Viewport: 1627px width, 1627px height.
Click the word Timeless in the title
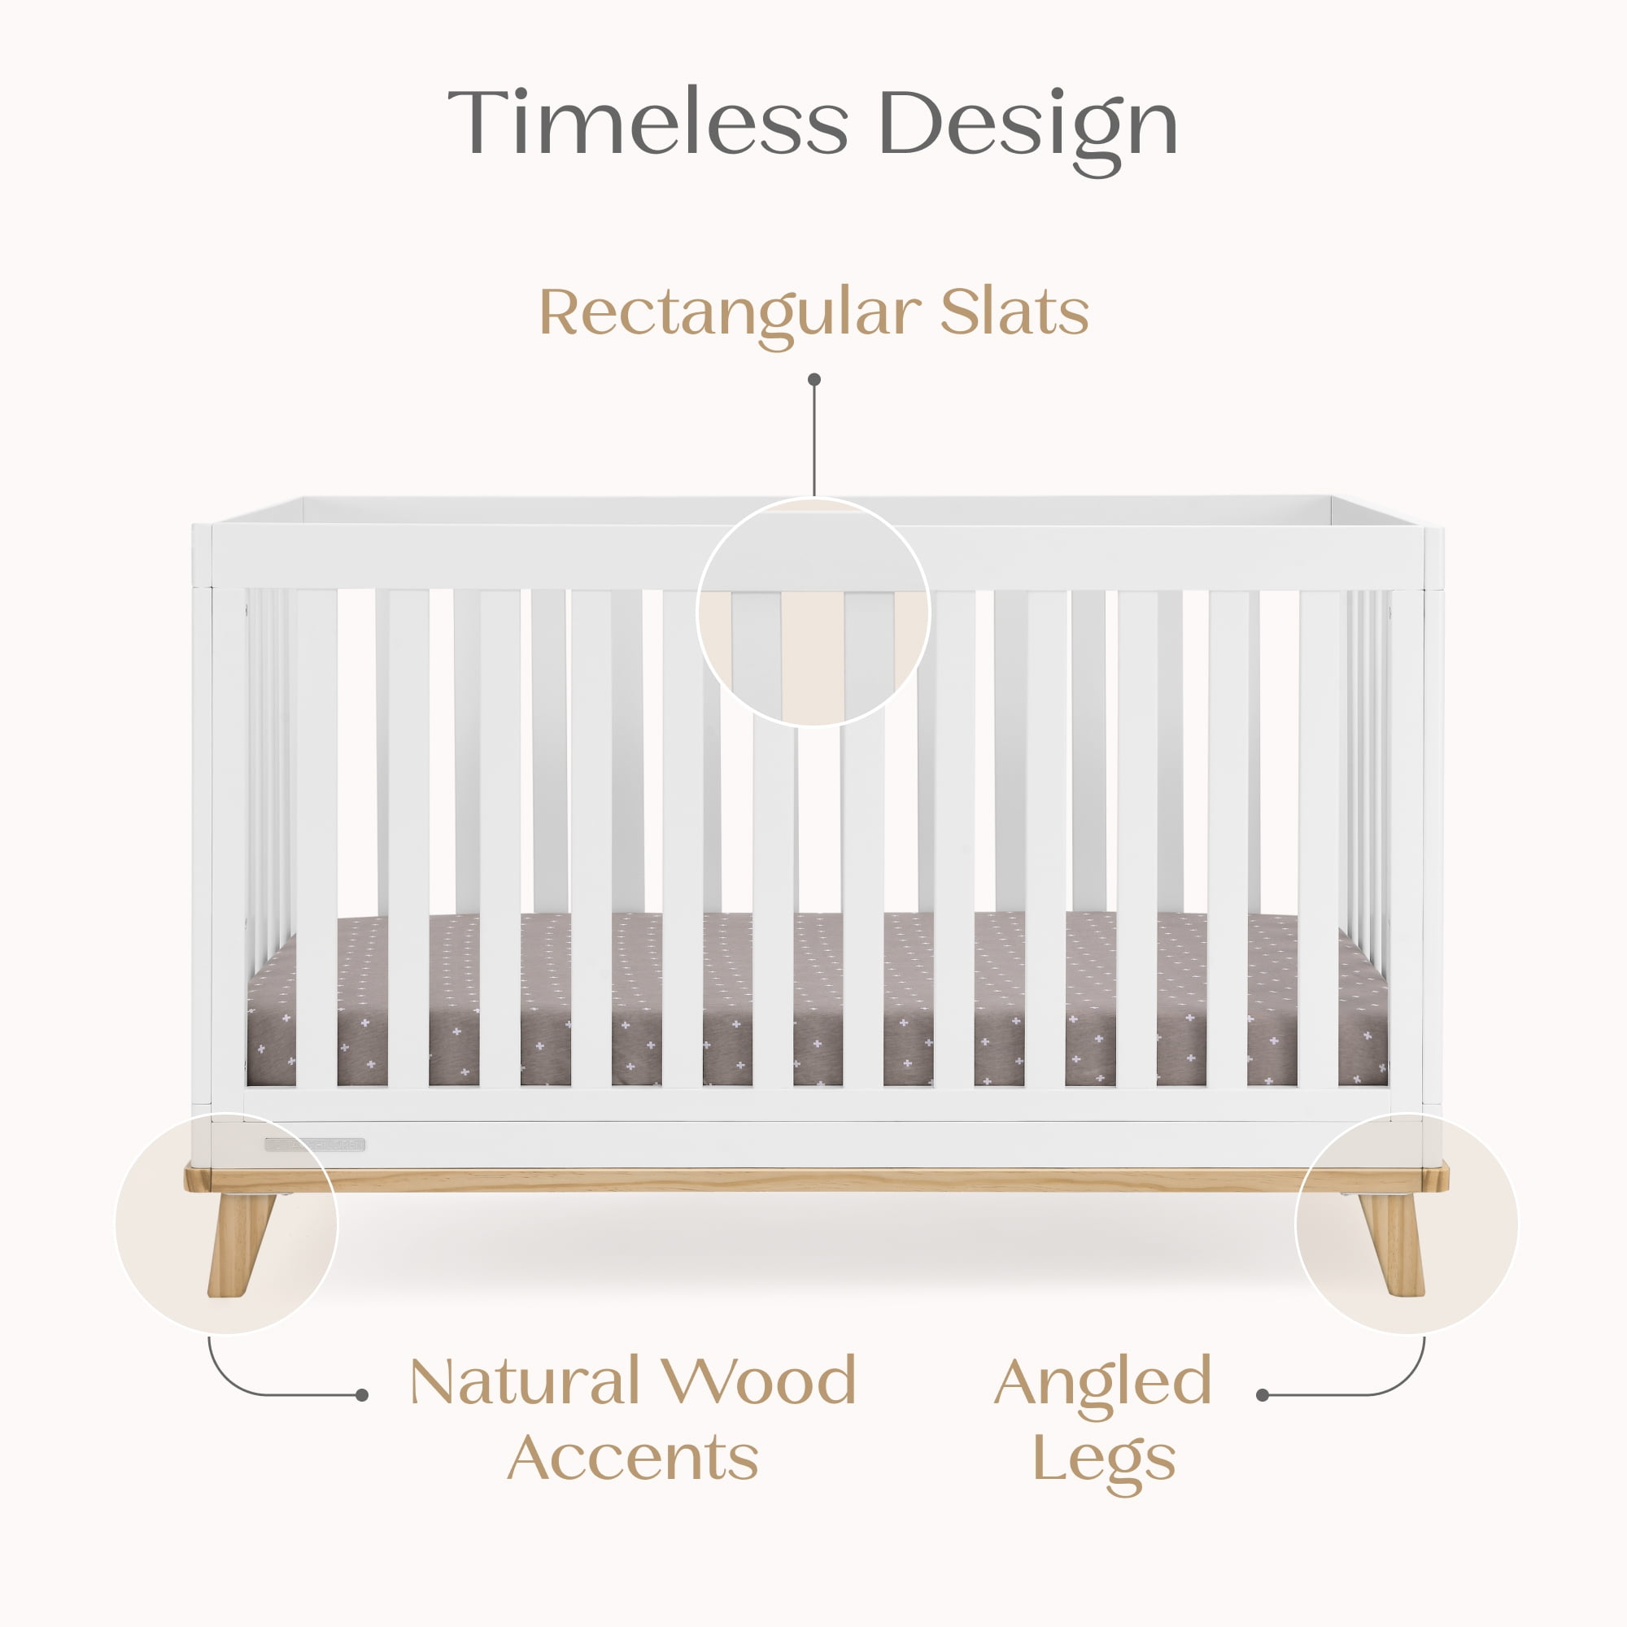(647, 122)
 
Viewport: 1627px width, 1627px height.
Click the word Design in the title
(1027, 130)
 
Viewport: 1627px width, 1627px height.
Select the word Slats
(1014, 312)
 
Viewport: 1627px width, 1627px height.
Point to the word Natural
(525, 1381)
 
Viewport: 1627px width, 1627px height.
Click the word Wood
(758, 1381)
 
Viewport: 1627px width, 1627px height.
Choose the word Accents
(632, 1458)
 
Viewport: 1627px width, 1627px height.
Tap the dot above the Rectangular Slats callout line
(813, 380)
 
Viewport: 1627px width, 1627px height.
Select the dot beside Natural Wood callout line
(362, 1395)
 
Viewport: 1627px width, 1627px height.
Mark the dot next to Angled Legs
(1262, 1395)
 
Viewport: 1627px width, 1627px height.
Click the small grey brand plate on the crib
(315, 1145)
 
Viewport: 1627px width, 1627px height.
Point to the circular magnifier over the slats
(813, 504)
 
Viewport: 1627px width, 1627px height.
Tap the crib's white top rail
(817, 556)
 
